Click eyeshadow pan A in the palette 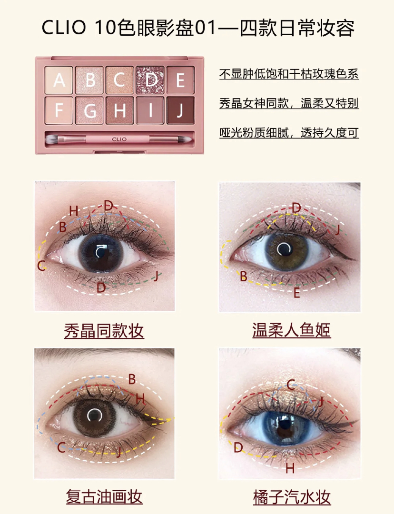pyautogui.click(x=59, y=80)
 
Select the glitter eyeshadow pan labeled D pyautogui.click(x=150, y=80)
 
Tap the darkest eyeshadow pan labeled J pyautogui.click(x=181, y=110)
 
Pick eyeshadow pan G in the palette pyautogui.click(x=89, y=110)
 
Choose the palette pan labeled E pyautogui.click(x=181, y=80)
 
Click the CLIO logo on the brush pyautogui.click(x=119, y=139)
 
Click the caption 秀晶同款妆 pyautogui.click(x=104, y=330)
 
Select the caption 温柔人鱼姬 pyautogui.click(x=291, y=330)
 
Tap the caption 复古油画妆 pyautogui.click(x=104, y=496)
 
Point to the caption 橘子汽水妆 pyautogui.click(x=292, y=497)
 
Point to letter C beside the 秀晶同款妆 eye pyautogui.click(x=41, y=266)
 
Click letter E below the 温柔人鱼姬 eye pyautogui.click(x=296, y=292)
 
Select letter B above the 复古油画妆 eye pyautogui.click(x=132, y=379)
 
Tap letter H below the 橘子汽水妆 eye pyautogui.click(x=290, y=468)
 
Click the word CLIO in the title pyautogui.click(x=64, y=28)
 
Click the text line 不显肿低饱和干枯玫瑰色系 pyautogui.click(x=289, y=74)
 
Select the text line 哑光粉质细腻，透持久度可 pyautogui.click(x=289, y=133)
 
